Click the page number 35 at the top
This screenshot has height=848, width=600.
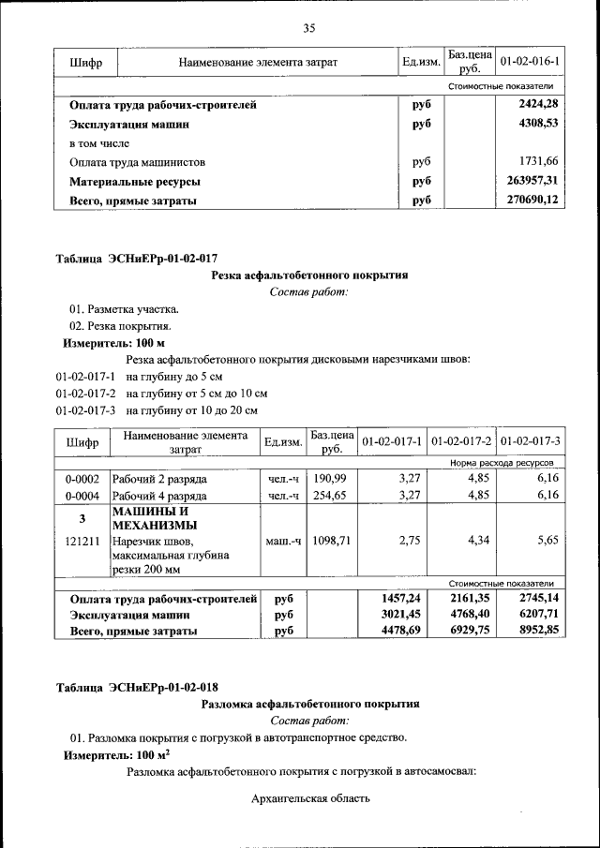308,27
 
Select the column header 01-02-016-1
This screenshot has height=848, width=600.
530,62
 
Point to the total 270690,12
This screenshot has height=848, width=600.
532,200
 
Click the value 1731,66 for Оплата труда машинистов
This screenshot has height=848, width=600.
539,161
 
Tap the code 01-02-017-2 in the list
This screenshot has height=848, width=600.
85,394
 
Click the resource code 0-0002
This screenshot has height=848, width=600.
82,478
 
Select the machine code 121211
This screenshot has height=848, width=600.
82,541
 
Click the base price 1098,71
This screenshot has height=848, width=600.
332,541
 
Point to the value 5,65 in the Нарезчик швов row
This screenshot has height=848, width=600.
543,541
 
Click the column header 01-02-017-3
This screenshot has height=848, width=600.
530,440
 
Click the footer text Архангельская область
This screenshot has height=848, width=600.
311,798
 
